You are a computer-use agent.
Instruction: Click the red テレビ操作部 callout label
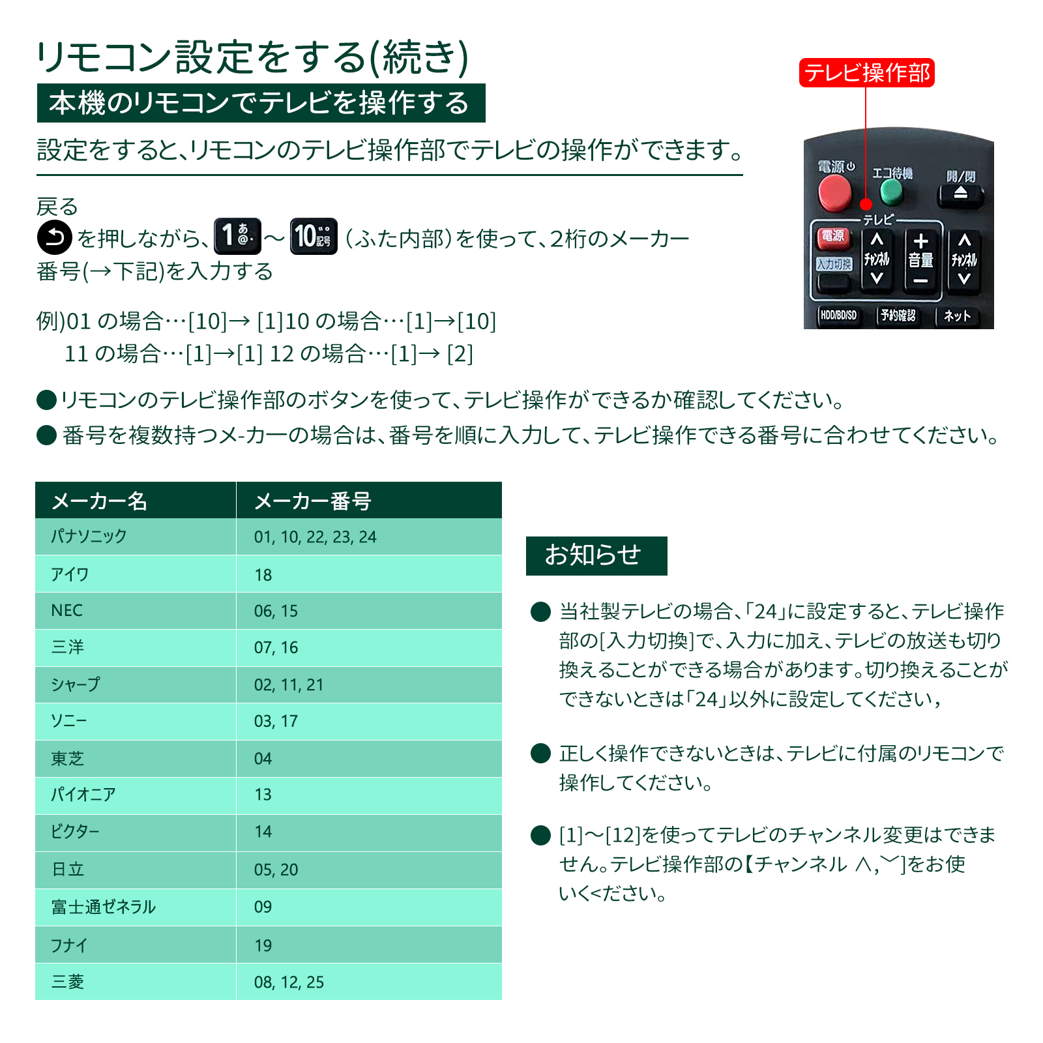click(866, 72)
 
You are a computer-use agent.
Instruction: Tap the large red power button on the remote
click(834, 192)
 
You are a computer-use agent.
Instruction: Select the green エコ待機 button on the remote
click(891, 191)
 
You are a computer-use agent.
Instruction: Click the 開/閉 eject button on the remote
click(960, 194)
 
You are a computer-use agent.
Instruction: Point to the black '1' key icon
click(238, 236)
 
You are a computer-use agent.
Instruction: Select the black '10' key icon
click(314, 236)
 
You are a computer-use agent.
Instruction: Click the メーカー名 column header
click(99, 501)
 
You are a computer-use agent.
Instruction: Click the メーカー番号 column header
click(312, 501)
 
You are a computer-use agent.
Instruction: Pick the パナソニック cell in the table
click(89, 536)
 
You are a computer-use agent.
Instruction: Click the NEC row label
click(66, 610)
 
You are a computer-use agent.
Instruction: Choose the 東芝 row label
click(67, 758)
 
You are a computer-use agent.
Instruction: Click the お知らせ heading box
click(596, 555)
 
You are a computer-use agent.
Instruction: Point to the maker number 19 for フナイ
click(263, 945)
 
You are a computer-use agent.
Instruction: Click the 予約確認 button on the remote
click(898, 316)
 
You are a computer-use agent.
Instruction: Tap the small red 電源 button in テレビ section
click(832, 237)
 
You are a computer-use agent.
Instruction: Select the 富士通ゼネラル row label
click(103, 907)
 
